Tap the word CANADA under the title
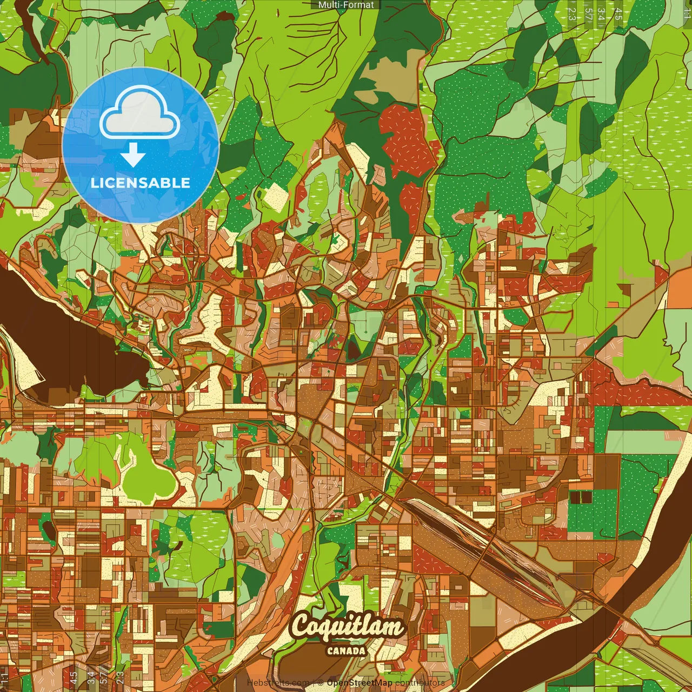pos(346,651)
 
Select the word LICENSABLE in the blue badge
pos(141,183)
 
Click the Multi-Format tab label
pos(346,5)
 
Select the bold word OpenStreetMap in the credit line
pos(360,683)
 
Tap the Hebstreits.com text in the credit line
pos(278,683)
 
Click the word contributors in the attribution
pos(420,683)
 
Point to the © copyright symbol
pos(320,683)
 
